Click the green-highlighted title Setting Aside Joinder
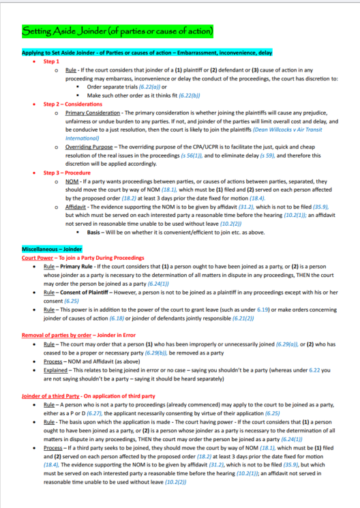pos(117,31)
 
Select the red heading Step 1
pos(51,61)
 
